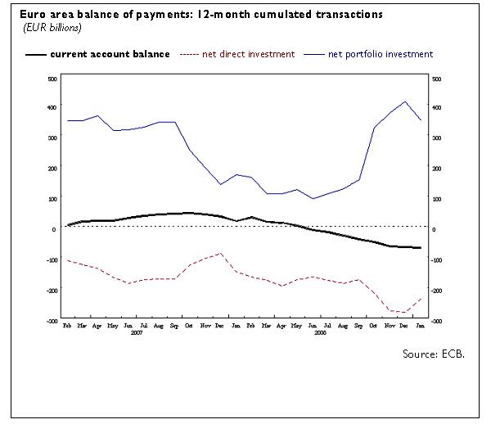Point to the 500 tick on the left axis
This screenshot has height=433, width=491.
52,79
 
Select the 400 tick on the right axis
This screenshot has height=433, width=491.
435,108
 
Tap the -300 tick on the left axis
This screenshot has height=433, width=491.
50,321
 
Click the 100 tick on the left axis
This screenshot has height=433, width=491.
52,199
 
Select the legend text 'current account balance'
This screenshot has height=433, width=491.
110,54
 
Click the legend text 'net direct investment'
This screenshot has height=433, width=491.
248,54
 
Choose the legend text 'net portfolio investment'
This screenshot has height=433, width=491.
380,54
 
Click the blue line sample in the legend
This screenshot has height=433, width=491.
313,54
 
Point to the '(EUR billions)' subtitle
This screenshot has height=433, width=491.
51,28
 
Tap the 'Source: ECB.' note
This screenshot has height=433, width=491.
437,354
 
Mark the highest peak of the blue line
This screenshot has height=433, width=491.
405,101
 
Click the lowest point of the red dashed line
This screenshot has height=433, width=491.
405,312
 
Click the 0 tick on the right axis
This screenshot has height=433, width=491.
435,229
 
